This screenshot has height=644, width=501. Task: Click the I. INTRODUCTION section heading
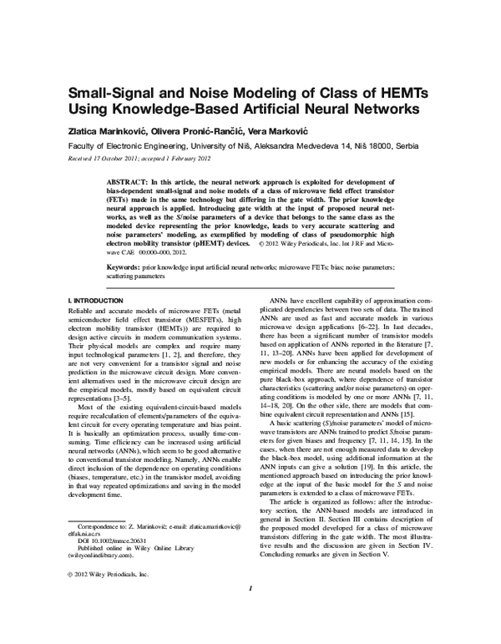[96, 299]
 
